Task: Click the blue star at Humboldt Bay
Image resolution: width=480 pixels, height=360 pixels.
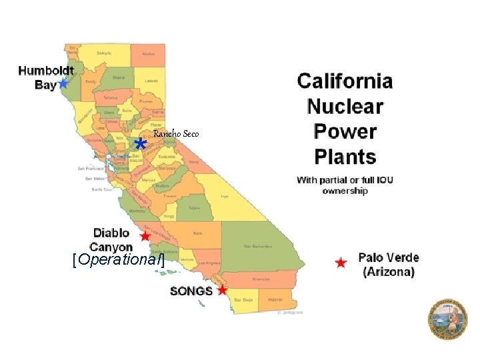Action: pos(63,83)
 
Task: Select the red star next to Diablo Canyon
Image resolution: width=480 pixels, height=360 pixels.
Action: pos(145,236)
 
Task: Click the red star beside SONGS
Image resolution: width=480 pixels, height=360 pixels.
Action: pos(223,290)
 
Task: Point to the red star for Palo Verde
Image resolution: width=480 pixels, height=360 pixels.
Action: pos(341,263)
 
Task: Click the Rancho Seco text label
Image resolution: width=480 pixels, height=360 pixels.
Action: pos(176,134)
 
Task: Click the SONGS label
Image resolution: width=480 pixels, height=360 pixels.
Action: pos(191,291)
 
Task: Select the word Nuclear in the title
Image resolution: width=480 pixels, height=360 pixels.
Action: pos(345,106)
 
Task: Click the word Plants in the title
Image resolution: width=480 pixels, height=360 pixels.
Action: pos(345,157)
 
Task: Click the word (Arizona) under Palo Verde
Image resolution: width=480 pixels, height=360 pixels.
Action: pos(389,271)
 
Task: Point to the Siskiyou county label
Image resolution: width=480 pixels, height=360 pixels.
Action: pos(104,53)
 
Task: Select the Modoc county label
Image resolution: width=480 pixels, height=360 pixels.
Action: pos(148,53)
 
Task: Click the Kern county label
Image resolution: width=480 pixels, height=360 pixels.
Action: pos(198,234)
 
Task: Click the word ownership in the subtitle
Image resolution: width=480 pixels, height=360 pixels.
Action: pos(345,191)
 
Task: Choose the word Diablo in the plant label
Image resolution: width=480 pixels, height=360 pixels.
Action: pos(111,233)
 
